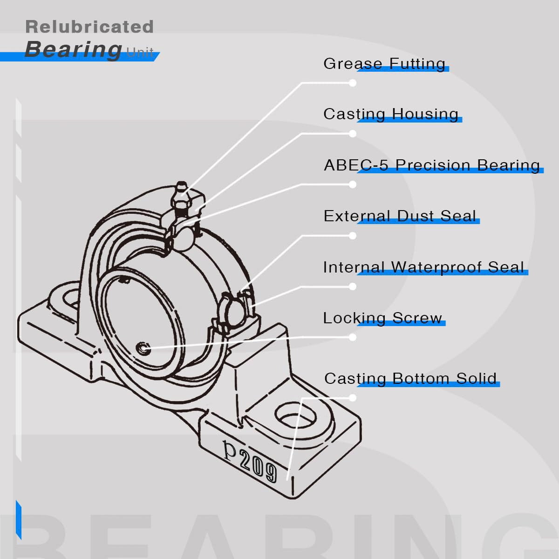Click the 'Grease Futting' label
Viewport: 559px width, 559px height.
(384, 63)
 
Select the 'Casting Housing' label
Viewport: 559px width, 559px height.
(391, 114)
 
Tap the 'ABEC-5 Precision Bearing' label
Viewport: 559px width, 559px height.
(432, 165)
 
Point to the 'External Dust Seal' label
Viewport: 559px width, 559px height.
(400, 216)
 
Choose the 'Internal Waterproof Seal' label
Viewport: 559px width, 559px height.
(423, 267)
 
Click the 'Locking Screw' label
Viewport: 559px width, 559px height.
(382, 318)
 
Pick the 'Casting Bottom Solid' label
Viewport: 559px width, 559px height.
(410, 378)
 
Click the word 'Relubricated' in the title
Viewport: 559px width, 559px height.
(89, 27)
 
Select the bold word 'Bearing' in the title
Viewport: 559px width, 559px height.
(73, 49)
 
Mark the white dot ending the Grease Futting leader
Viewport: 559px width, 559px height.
(353, 83)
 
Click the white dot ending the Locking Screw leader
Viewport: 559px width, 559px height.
(353, 337)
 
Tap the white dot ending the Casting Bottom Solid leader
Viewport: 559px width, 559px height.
(353, 398)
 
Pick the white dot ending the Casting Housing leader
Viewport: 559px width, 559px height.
(353, 134)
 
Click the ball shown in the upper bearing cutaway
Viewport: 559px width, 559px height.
(184, 238)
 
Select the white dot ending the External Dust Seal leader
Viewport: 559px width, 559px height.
(353, 236)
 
